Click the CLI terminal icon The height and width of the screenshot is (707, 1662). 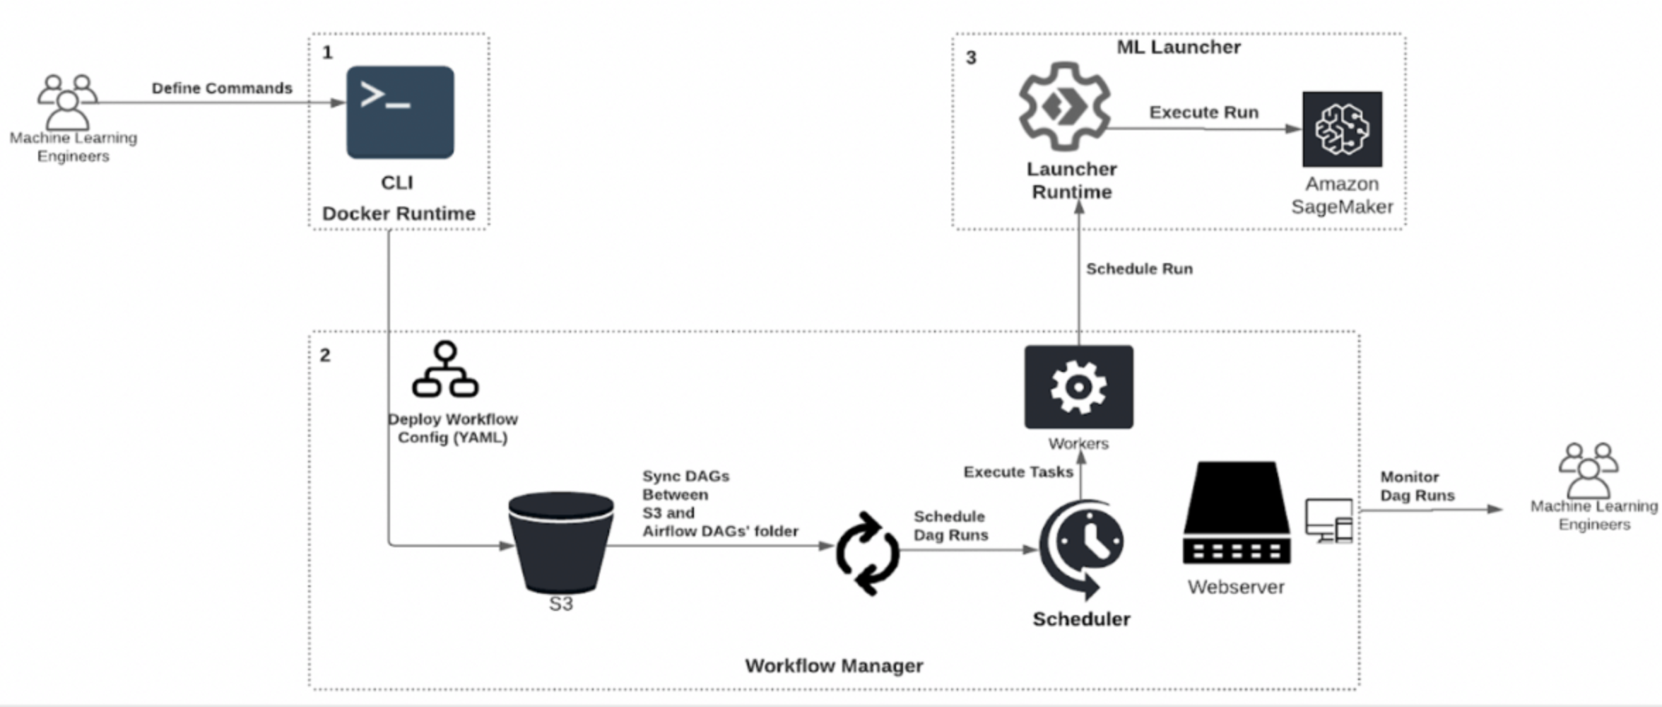(x=400, y=112)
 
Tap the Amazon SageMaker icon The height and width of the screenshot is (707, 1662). (x=1342, y=129)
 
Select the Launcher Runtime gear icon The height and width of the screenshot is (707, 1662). (x=1064, y=107)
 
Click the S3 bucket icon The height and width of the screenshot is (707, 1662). (x=561, y=542)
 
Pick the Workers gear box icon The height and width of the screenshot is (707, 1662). (x=1078, y=387)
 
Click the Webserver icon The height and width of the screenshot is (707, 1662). (x=1237, y=513)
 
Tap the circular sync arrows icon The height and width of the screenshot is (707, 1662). (x=868, y=553)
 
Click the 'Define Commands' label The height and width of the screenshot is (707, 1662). (x=222, y=88)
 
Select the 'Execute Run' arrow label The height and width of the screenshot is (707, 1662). (x=1203, y=112)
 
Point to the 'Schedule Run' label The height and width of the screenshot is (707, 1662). (x=1139, y=269)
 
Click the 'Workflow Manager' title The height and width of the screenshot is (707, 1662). (x=834, y=665)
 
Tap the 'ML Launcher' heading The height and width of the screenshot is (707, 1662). (x=1178, y=47)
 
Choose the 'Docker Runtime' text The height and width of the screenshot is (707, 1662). (x=399, y=214)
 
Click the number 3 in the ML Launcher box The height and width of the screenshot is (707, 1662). (x=971, y=58)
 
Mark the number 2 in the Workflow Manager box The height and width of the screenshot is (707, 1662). (x=325, y=355)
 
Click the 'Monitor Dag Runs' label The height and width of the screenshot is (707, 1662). (x=1417, y=486)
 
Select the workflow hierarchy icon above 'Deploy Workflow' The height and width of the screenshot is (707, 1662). (x=445, y=370)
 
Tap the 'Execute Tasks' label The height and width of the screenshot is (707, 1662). (x=1018, y=472)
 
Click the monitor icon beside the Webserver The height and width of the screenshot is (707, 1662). (x=1329, y=520)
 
